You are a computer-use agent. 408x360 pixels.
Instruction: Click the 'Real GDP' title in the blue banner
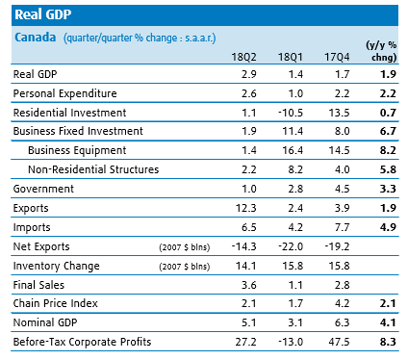(43, 14)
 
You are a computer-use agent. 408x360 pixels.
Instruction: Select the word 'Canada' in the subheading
(36, 38)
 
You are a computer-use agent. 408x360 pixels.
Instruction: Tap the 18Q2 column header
(243, 57)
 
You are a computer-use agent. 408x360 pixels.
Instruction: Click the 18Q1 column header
(291, 57)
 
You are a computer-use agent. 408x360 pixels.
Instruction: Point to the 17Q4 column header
(337, 57)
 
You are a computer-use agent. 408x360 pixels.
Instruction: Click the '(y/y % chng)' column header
(381, 51)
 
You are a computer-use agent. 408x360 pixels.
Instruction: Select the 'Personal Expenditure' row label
(65, 93)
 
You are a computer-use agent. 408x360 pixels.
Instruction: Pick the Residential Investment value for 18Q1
(291, 113)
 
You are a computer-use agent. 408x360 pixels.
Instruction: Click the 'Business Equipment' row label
(77, 150)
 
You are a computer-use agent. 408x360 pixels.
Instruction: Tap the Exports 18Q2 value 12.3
(246, 208)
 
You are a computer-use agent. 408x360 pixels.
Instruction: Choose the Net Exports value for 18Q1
(291, 246)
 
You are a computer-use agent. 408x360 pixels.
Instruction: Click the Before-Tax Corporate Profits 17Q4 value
(339, 342)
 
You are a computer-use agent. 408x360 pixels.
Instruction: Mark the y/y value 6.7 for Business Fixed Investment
(388, 131)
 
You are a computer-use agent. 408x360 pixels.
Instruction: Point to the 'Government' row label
(43, 189)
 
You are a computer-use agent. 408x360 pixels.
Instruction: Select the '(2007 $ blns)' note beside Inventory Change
(185, 267)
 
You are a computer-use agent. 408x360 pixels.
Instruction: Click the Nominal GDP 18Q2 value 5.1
(249, 322)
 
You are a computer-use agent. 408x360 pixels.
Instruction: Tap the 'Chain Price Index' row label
(56, 303)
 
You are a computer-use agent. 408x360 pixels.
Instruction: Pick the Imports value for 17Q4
(343, 227)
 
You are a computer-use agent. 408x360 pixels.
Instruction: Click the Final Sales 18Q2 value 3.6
(249, 285)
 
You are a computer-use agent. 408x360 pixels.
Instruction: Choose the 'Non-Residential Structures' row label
(93, 169)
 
